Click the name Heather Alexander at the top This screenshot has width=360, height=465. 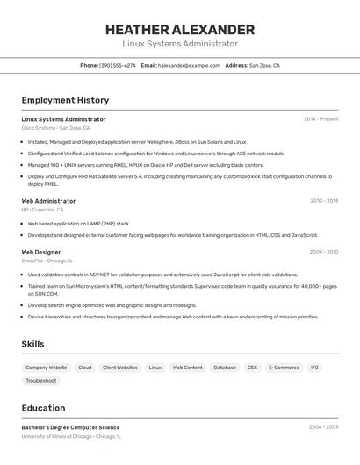pos(180,30)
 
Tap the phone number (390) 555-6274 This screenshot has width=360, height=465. pos(117,65)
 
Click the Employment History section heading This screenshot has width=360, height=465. pos(65,100)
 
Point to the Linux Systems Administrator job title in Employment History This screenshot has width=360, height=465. pos(63,119)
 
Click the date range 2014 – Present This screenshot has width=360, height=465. pos(320,119)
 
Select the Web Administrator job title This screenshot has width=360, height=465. pos(48,201)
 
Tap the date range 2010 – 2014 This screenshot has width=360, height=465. pos(324,201)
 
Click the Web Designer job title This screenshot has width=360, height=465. pos(41,252)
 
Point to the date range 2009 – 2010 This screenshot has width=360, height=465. pos(324,252)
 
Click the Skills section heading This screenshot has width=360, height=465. pos(32,344)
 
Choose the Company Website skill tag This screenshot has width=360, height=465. pos(46,368)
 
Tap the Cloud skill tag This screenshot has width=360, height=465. pos(84,368)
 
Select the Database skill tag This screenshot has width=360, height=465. pos(225,368)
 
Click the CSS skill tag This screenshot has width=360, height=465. pos(252,368)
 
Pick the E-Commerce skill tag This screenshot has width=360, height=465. pos(284,368)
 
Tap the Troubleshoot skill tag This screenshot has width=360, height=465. pos(41,381)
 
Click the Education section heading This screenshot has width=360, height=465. pos(44,407)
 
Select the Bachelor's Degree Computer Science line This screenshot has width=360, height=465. pos(70,427)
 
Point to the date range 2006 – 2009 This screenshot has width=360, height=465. pos(323,427)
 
